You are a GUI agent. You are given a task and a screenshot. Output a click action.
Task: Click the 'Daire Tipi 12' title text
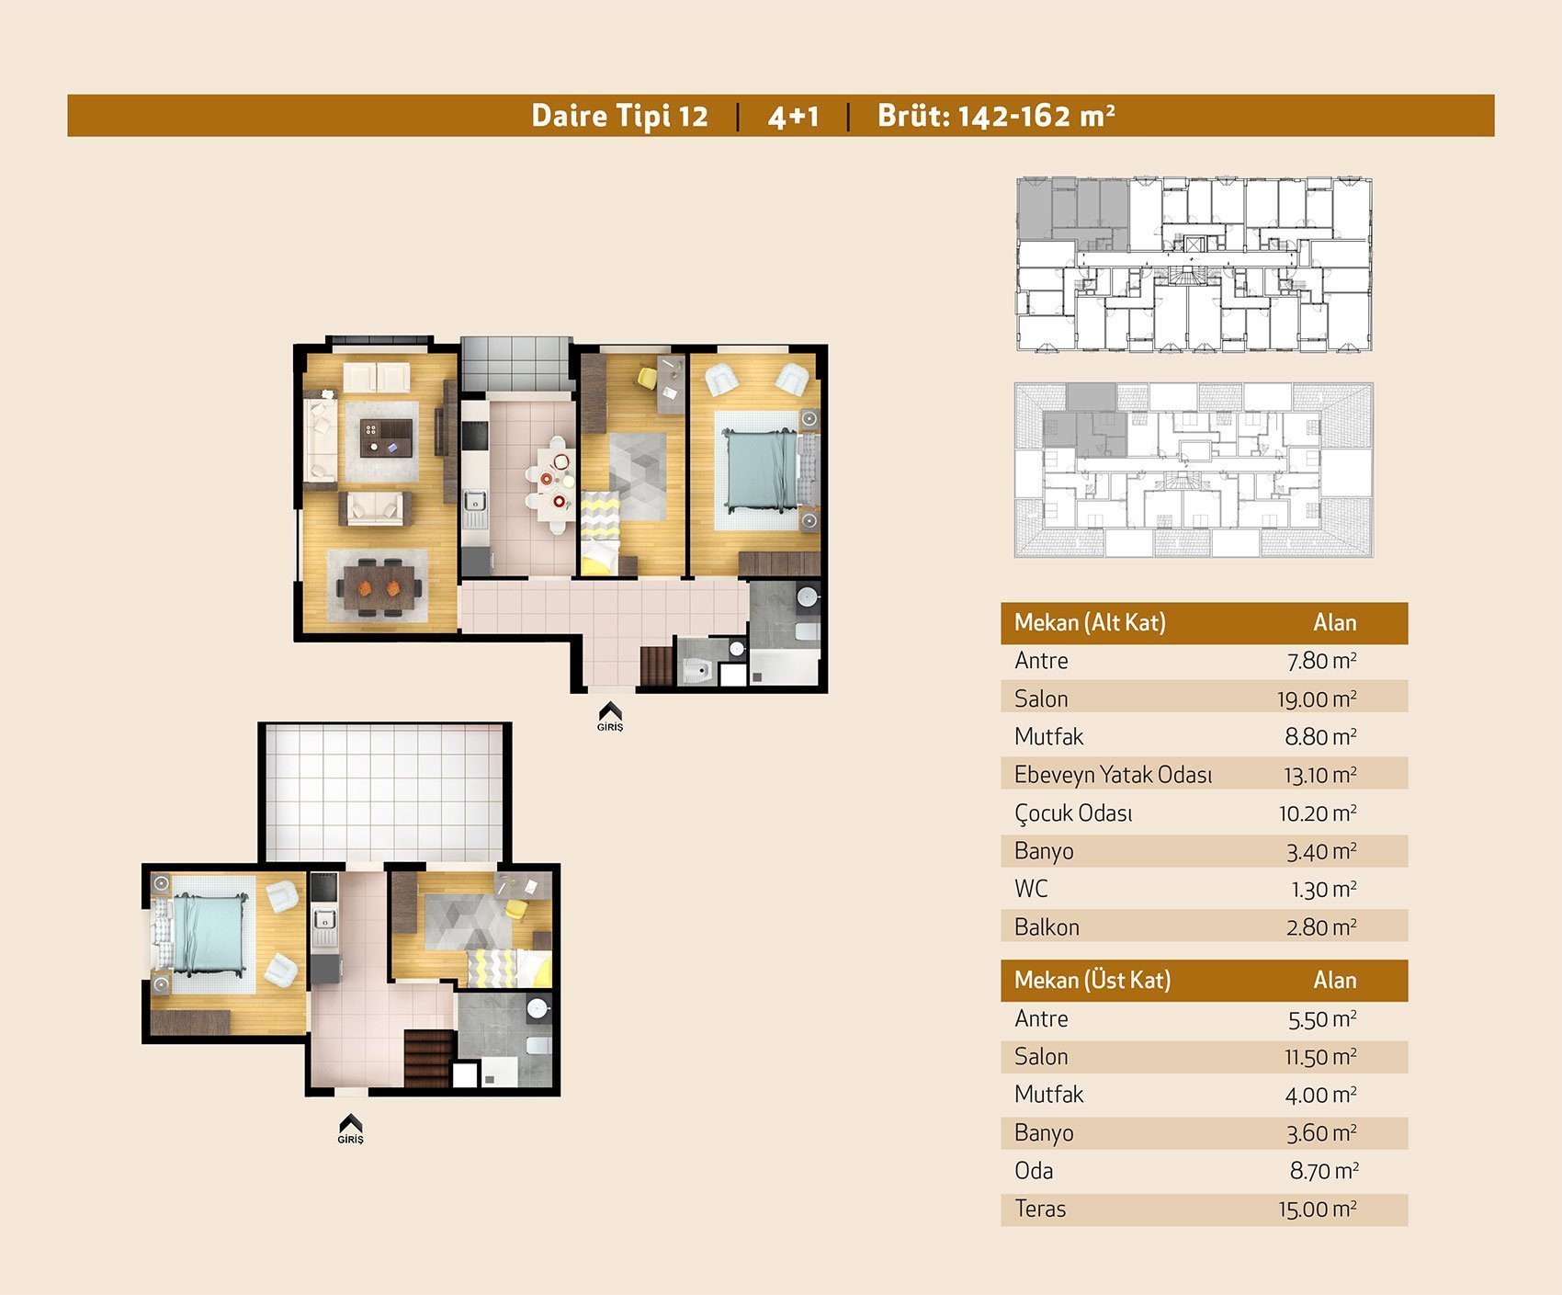620,116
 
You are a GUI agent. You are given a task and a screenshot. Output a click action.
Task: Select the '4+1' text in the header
793,117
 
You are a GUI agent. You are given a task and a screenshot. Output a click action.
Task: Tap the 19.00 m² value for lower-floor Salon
1317,699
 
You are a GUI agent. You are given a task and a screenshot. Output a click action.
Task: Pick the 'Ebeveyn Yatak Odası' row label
1113,775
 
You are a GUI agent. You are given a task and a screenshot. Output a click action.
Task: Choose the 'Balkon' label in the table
1047,927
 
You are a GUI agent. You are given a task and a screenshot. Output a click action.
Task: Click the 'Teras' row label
1040,1209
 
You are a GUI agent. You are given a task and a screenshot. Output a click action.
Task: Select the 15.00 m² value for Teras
1318,1210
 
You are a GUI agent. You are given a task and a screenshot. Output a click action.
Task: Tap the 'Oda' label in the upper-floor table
1034,1171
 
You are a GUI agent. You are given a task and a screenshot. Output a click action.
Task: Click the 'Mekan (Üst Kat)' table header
1092,981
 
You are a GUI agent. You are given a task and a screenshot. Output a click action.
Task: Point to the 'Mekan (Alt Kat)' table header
1090,623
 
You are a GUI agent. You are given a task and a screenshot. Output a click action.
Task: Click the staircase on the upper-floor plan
428,1059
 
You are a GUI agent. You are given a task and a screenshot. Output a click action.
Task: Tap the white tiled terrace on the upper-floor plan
384,793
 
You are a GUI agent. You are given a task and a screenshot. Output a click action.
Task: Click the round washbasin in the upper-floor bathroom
538,1009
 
